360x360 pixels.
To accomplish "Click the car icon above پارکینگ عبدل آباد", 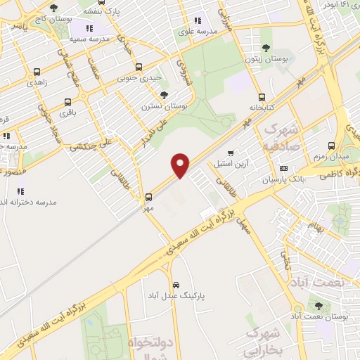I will (x=175, y=286).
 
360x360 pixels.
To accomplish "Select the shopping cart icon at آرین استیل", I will (x=230, y=153).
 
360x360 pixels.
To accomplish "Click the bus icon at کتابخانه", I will (x=262, y=98).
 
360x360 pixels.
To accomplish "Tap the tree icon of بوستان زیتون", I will (x=265, y=48).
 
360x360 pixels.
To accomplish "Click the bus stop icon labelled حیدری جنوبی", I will (x=139, y=67).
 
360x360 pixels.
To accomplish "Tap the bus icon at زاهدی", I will (x=37, y=72).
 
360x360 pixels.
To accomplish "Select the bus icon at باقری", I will (x=67, y=102).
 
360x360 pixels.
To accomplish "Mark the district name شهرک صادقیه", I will (x=279, y=139).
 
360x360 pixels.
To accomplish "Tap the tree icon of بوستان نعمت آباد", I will (x=319, y=305).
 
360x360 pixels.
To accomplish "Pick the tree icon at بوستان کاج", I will (x=54, y=7).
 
